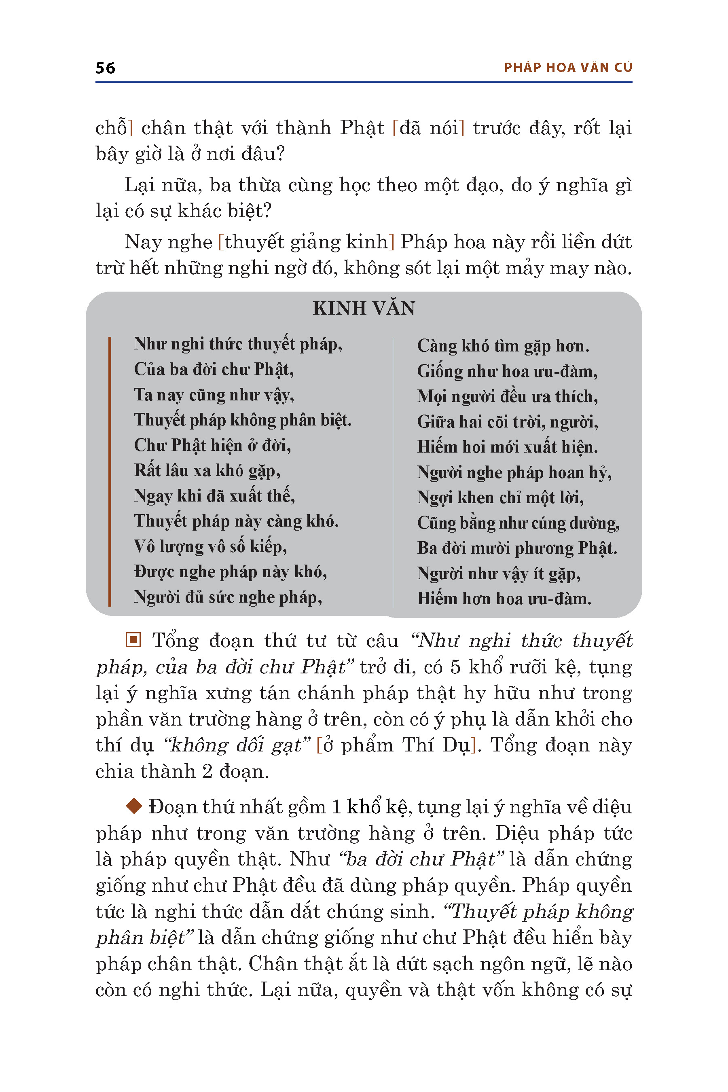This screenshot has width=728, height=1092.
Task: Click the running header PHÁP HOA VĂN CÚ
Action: tap(568, 68)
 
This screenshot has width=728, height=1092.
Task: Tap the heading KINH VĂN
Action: tap(364, 308)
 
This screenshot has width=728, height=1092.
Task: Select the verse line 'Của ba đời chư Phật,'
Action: tap(214, 369)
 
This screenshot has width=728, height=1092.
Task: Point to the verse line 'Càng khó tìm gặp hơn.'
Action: tap(503, 346)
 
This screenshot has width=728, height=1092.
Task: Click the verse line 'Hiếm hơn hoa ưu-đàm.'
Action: tap(504, 599)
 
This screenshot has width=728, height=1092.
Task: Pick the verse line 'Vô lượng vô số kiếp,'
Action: tap(210, 546)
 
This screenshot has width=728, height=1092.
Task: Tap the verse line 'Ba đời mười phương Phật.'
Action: tap(517, 548)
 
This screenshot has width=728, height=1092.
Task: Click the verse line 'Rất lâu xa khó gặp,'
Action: tap(207, 471)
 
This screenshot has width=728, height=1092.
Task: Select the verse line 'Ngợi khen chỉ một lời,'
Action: tap(500, 498)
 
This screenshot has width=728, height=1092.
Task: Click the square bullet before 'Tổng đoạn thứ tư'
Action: tap(133, 640)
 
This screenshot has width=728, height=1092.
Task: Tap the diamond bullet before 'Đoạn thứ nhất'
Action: tap(134, 806)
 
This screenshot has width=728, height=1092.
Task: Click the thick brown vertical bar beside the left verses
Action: tap(110, 471)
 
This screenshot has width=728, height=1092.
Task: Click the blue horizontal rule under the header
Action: tap(364, 82)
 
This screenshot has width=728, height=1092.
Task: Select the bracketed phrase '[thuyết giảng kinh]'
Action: tap(306, 242)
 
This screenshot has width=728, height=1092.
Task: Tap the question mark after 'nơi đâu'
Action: tap(279, 154)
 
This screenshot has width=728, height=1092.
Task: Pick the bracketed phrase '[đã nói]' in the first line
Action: tap(428, 128)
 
